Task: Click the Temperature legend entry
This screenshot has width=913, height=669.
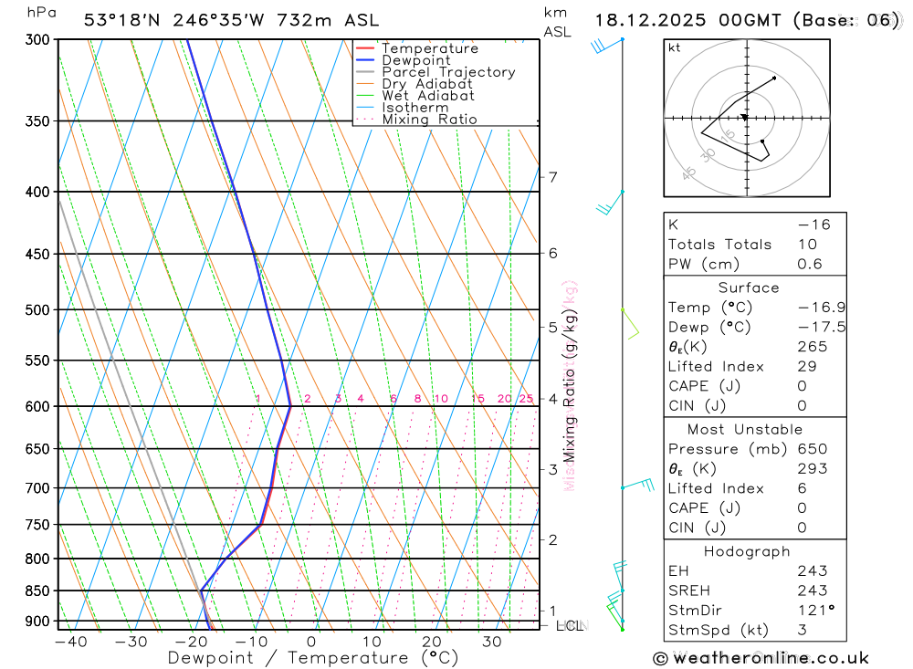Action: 429,48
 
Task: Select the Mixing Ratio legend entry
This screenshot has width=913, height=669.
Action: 429,120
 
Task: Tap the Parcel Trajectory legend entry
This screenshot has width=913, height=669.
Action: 447,72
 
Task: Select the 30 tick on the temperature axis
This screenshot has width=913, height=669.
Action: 491,642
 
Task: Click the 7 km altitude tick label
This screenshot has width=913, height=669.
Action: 553,177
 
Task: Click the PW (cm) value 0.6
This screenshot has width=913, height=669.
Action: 810,265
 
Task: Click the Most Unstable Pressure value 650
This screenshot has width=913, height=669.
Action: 813,449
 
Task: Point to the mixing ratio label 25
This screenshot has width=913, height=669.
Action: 526,399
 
